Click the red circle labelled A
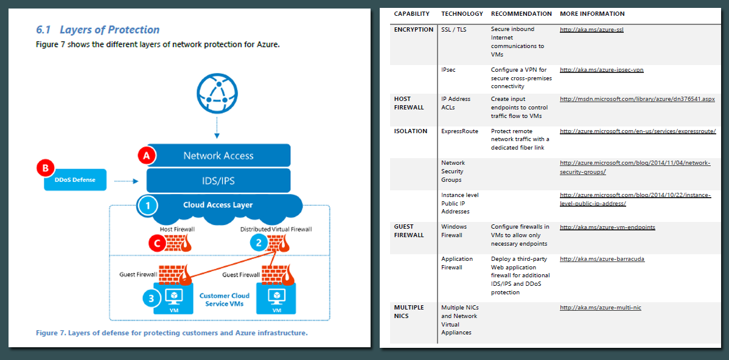pyautogui.click(x=145, y=156)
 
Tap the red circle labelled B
pyautogui.click(x=46, y=168)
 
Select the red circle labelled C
pyautogui.click(x=158, y=243)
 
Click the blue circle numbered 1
pyautogui.click(x=147, y=206)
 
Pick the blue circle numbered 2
pyautogui.click(x=259, y=243)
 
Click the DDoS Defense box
pyautogui.click(x=75, y=180)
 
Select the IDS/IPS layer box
pyautogui.click(x=218, y=180)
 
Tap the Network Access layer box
pyautogui.click(x=218, y=156)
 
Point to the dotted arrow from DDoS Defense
pyautogui.click(x=127, y=181)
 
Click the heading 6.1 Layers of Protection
pyautogui.click(x=98, y=30)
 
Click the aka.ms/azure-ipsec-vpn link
pyautogui.click(x=601, y=70)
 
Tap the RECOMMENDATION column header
pyautogui.click(x=521, y=14)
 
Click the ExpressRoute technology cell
pyautogui.click(x=459, y=131)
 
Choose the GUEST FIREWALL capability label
pyautogui.click(x=409, y=231)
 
